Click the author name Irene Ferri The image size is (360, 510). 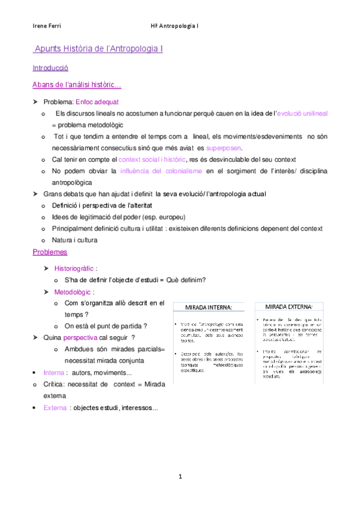coord(46,26)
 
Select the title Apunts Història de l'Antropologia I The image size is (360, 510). coord(99,48)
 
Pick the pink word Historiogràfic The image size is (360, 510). coord(75,269)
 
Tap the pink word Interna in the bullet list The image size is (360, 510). coord(55,373)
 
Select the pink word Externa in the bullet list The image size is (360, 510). coord(55,408)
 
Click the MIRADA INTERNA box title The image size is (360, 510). coord(208,307)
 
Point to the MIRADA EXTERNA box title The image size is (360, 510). coord(289,306)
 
